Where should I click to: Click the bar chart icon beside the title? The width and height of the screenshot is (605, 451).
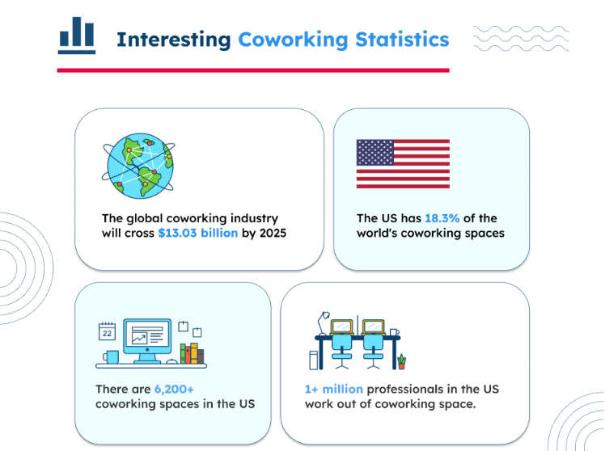(x=77, y=36)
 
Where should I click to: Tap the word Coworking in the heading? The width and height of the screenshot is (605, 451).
(x=294, y=40)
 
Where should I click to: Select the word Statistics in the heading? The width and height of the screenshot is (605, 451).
(x=402, y=40)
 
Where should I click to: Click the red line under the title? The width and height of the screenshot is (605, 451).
(x=253, y=70)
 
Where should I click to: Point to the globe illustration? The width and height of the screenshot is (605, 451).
(x=139, y=166)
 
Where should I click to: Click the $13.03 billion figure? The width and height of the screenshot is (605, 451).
(x=198, y=233)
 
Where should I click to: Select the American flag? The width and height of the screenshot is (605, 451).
(x=403, y=164)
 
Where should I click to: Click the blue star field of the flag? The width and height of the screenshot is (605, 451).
(x=375, y=153)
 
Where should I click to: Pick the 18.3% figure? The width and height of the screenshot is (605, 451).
(x=442, y=218)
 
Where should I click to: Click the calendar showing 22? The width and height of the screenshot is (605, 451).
(x=107, y=331)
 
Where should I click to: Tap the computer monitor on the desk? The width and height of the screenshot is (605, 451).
(x=147, y=341)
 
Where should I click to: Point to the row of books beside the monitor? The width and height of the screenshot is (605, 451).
(x=192, y=353)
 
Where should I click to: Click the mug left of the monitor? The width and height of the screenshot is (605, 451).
(x=111, y=357)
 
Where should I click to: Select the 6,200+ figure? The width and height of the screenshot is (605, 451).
(x=174, y=390)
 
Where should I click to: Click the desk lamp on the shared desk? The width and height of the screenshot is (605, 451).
(x=324, y=323)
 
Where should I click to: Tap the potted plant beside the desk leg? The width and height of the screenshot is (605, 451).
(x=402, y=361)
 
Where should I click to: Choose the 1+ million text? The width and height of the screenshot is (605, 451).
(x=334, y=389)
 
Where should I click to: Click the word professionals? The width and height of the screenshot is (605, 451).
(x=404, y=390)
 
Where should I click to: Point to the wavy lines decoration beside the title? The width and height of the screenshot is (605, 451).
(x=521, y=39)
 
